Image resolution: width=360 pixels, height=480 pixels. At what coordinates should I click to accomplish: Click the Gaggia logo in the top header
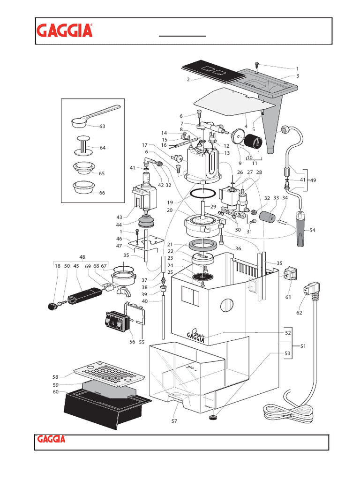65,31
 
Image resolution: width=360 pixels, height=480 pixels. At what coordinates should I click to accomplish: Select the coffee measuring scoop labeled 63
94,115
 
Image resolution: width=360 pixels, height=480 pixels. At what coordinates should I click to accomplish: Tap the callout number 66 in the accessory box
102,193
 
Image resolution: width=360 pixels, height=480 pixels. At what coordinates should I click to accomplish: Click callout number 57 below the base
174,421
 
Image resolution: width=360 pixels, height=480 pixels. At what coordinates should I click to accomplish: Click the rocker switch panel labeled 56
115,322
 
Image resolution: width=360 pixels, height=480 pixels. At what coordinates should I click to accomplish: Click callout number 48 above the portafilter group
82,257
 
